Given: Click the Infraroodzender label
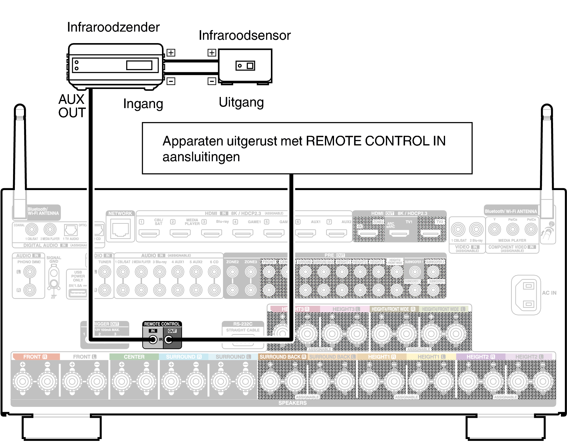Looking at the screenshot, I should (x=113, y=27).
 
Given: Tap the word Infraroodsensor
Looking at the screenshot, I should (x=245, y=36).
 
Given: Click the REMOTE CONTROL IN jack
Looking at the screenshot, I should (x=153, y=339).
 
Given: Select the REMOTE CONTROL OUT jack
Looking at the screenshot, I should (x=169, y=339).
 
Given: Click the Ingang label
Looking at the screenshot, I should (x=143, y=104).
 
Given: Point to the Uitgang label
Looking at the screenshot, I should (x=241, y=103).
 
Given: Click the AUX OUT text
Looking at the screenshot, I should (x=72, y=106).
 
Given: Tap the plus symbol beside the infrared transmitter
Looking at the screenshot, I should (x=171, y=53).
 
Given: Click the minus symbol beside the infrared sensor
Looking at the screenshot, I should (x=212, y=81).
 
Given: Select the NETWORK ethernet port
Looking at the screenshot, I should (x=120, y=230).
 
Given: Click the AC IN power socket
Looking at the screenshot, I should (x=528, y=295).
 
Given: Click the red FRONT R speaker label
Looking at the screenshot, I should (x=35, y=357).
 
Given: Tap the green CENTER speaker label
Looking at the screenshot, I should (x=134, y=357).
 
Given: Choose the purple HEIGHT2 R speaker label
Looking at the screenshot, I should (x=480, y=357).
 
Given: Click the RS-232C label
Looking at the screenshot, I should (x=243, y=324).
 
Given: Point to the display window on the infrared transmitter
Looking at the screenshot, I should (x=139, y=65).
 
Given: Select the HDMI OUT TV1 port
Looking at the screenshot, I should (x=399, y=233).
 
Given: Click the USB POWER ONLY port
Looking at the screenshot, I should (x=78, y=293).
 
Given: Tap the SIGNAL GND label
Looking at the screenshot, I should (x=54, y=259).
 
